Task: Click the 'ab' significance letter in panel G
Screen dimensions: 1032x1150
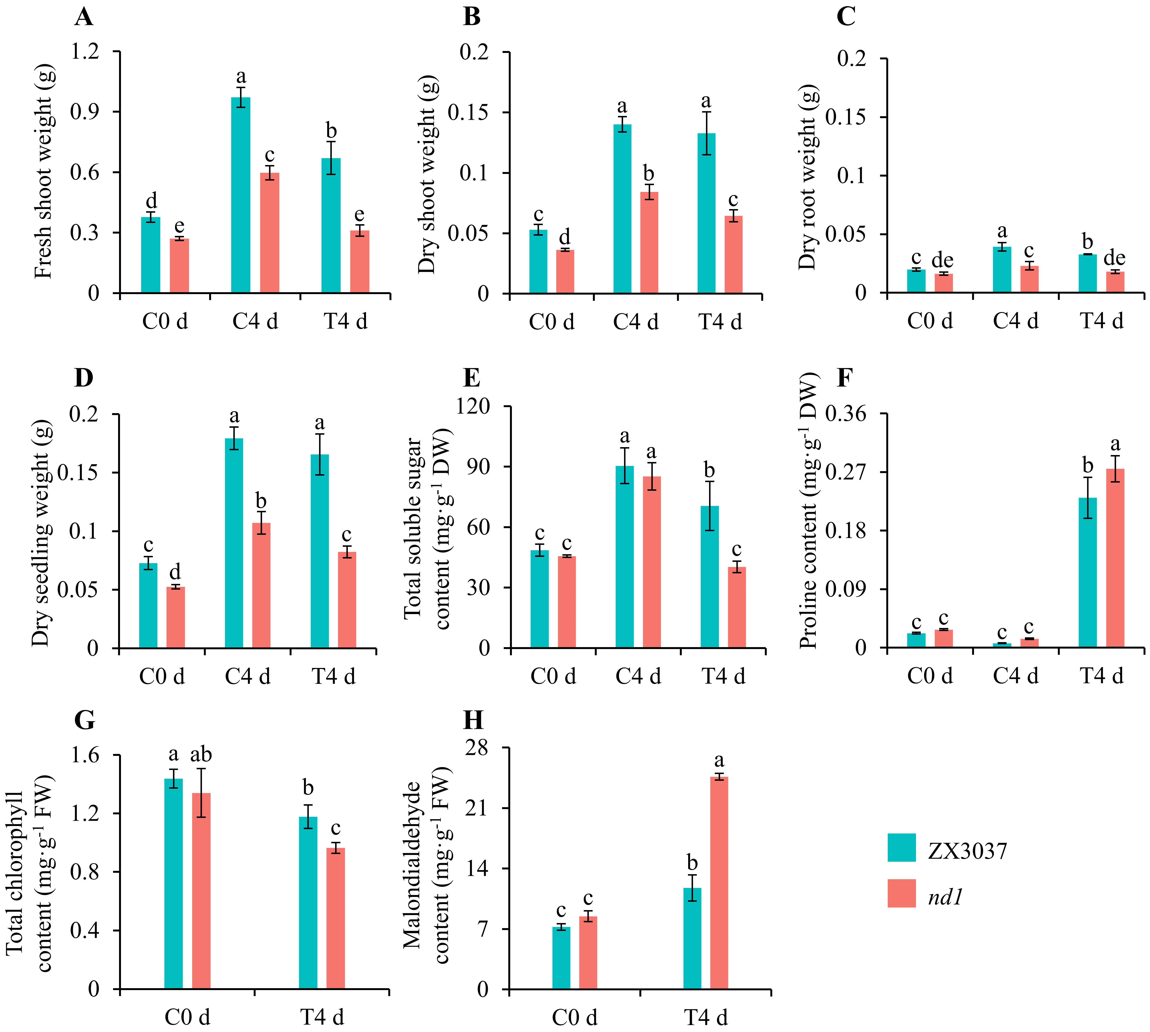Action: point(201,755)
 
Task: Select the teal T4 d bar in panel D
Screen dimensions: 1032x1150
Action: point(320,551)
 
